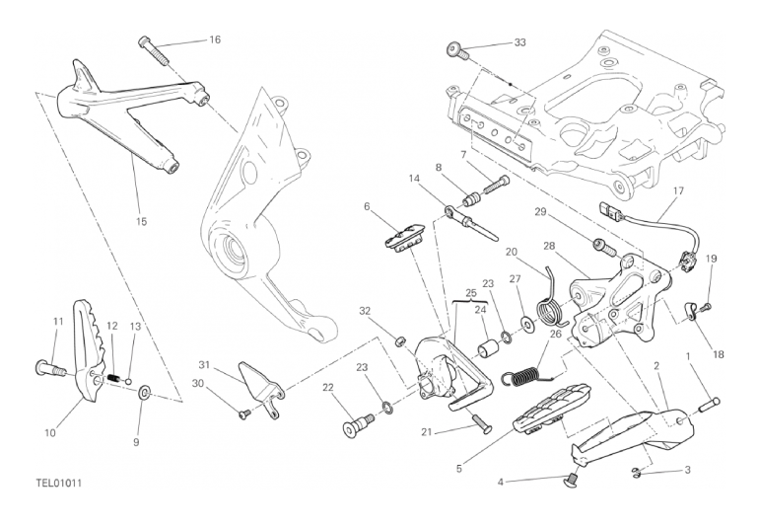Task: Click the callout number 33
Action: (x=520, y=42)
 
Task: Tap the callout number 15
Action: (x=141, y=222)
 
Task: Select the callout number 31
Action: (x=204, y=364)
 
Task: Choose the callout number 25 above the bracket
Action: (x=471, y=294)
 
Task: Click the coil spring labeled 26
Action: (x=523, y=373)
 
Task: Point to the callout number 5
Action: (x=457, y=469)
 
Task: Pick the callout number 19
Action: (x=711, y=259)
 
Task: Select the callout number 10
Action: (x=49, y=432)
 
